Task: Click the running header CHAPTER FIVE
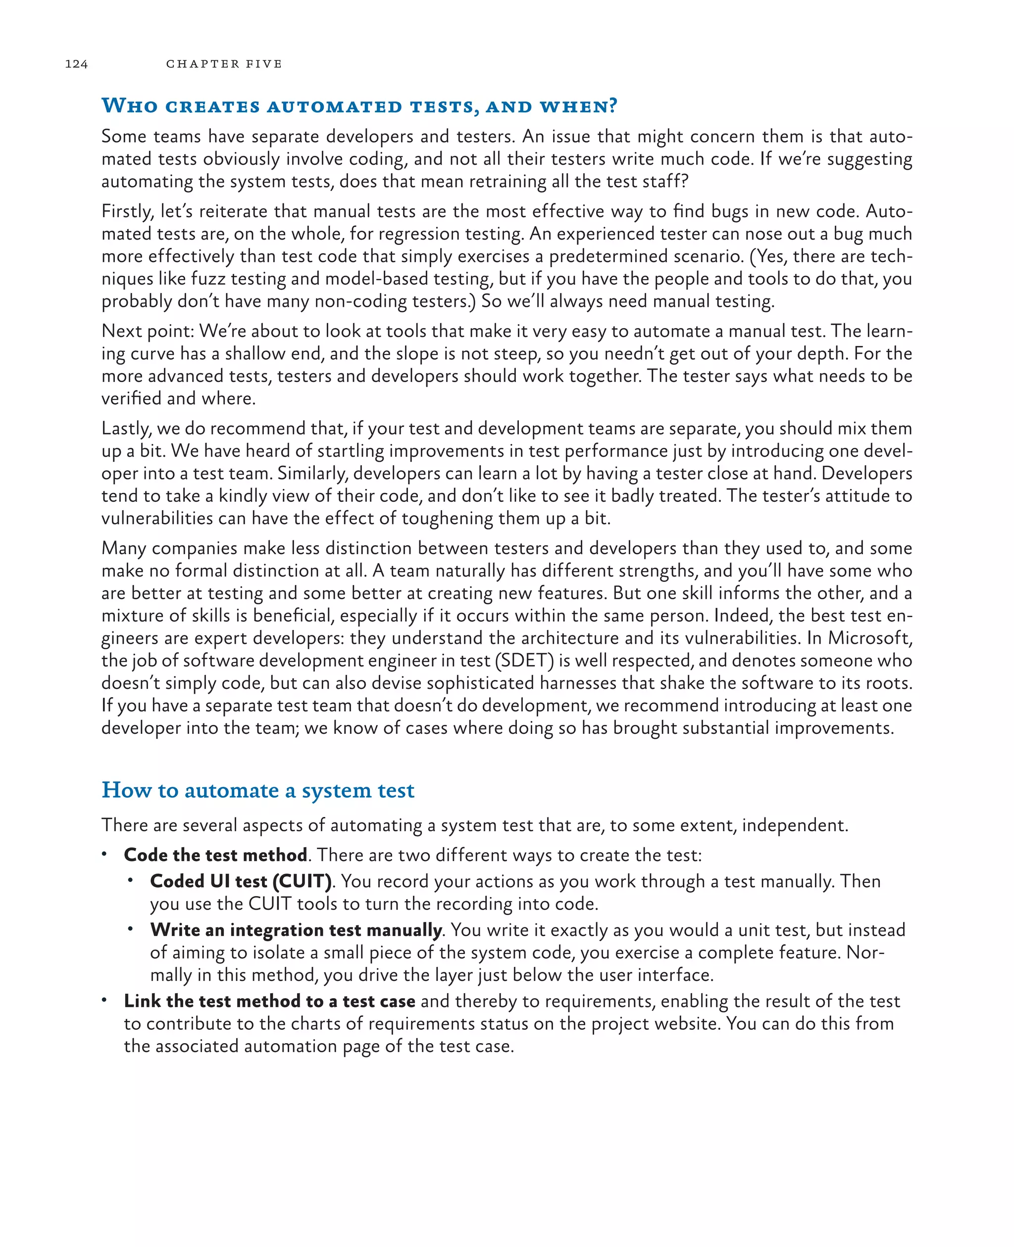(x=224, y=64)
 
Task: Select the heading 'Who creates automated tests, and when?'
(x=359, y=106)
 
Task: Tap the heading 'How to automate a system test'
(x=257, y=790)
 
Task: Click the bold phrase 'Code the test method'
(x=215, y=855)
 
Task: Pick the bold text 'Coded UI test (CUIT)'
(x=241, y=881)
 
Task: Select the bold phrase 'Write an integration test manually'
(x=296, y=929)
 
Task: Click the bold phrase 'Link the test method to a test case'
(x=269, y=1001)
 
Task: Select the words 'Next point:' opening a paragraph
(x=147, y=331)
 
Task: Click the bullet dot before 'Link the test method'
(x=104, y=1000)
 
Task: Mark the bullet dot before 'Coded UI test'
(x=130, y=880)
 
